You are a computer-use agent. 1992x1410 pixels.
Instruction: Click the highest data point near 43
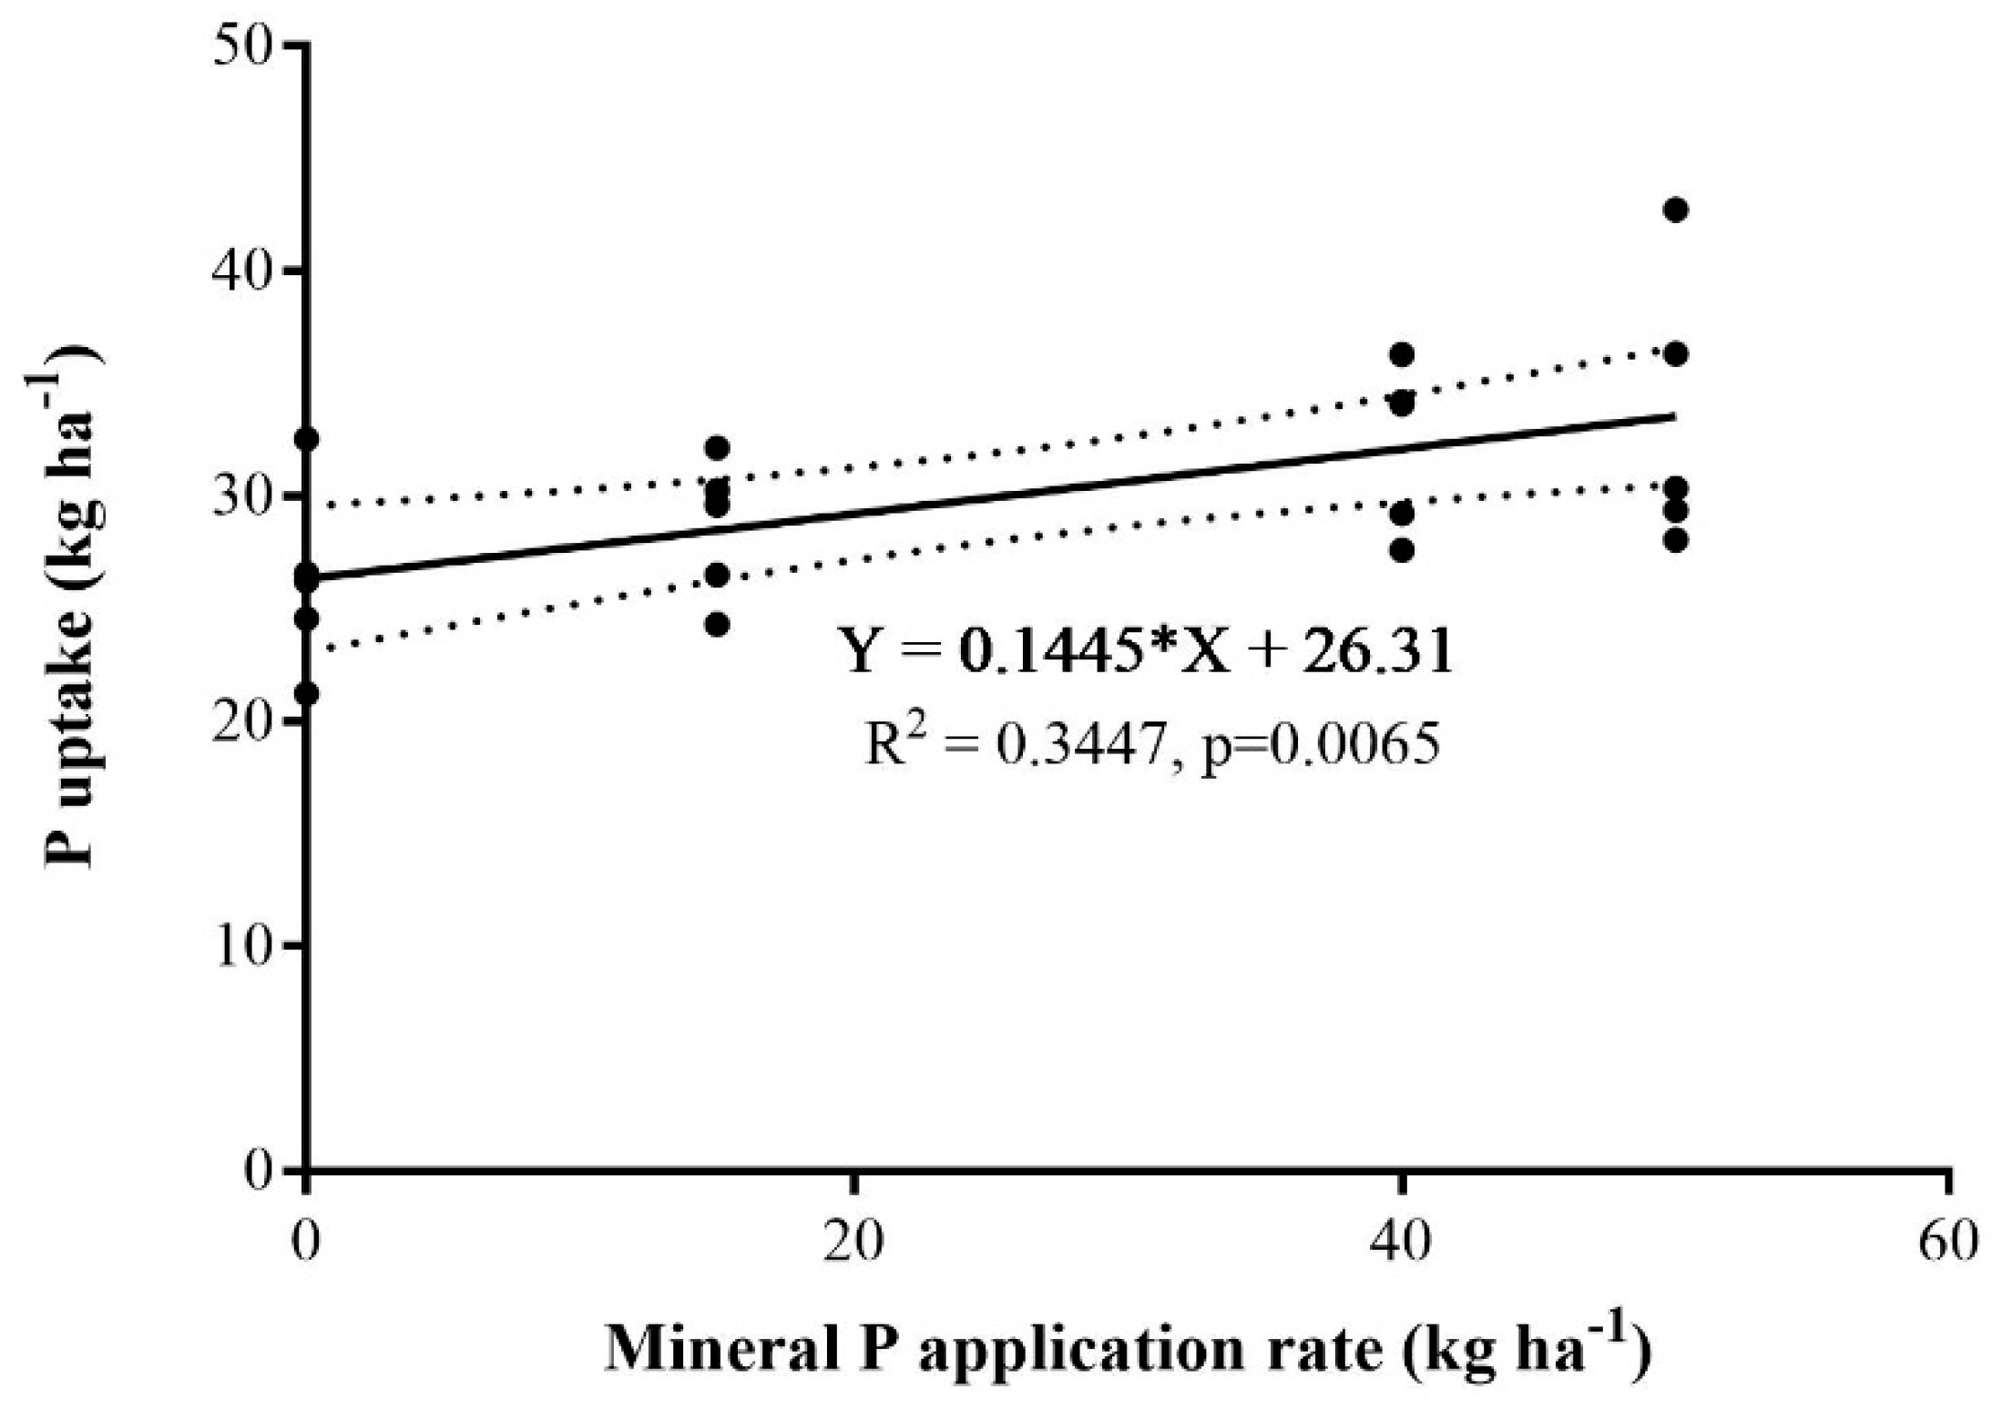(x=1675, y=209)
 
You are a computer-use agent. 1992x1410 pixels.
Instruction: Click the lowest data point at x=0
(x=307, y=693)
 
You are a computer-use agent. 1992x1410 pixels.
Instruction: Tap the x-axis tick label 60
(x=1947, y=1241)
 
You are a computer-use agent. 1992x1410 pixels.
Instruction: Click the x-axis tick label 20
(x=853, y=1241)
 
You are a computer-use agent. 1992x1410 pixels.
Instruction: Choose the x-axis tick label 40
(x=1402, y=1241)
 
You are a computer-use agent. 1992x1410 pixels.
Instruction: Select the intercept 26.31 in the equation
(x=1376, y=652)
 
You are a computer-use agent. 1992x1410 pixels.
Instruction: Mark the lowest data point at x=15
(x=717, y=624)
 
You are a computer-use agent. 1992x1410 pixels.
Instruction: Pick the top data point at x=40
(x=1402, y=353)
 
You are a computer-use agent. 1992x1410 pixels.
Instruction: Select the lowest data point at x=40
(x=1402, y=550)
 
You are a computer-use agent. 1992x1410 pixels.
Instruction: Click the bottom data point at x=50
(x=1675, y=540)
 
